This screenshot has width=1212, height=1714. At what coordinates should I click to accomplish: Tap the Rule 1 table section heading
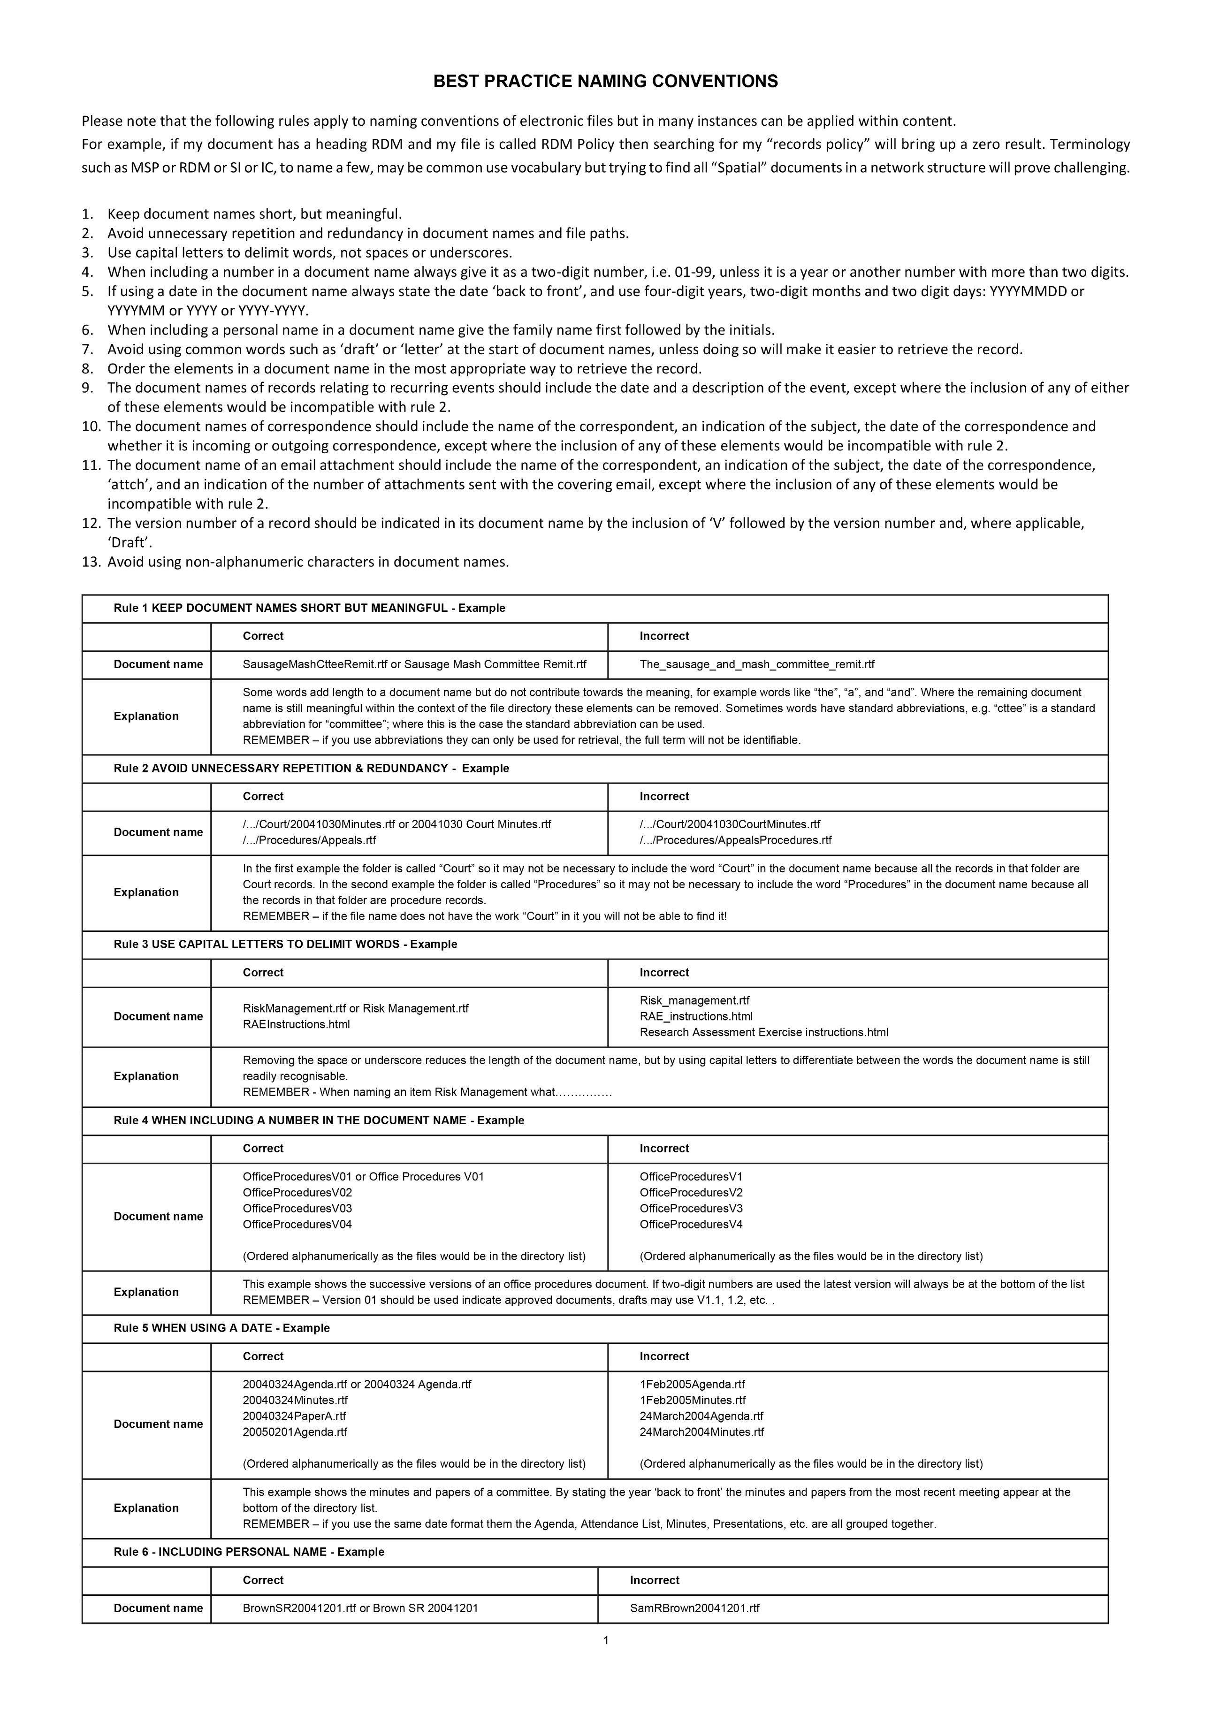point(309,609)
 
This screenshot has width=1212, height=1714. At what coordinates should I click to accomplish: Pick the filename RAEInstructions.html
point(297,1024)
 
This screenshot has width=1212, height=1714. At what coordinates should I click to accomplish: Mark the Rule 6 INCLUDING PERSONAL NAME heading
point(249,1552)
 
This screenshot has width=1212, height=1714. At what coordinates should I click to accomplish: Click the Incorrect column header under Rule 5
point(664,1356)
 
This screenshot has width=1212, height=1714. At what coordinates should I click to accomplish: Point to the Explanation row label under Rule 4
point(146,1292)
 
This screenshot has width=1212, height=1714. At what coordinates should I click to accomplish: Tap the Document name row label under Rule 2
point(158,832)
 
